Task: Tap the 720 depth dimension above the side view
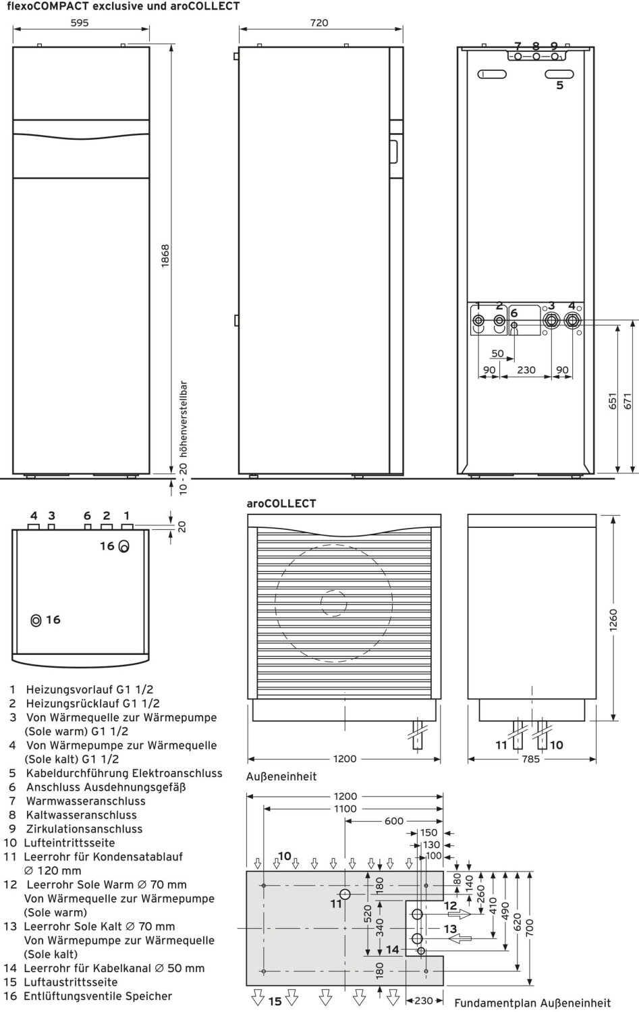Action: [x=319, y=22]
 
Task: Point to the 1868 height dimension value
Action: [x=165, y=257]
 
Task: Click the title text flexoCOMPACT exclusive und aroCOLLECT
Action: [x=123, y=6]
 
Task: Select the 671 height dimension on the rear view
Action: [x=628, y=402]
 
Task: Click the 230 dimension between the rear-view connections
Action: [x=526, y=369]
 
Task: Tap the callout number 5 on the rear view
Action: [x=559, y=86]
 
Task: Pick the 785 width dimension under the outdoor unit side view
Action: [x=531, y=759]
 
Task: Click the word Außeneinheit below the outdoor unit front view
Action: [x=281, y=776]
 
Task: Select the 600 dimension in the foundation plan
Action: [x=394, y=821]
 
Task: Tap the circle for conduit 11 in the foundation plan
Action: [x=345, y=895]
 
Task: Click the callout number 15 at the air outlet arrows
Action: [x=275, y=1001]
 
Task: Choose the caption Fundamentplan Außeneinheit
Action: [x=532, y=1003]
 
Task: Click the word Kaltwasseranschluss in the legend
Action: [x=81, y=815]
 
